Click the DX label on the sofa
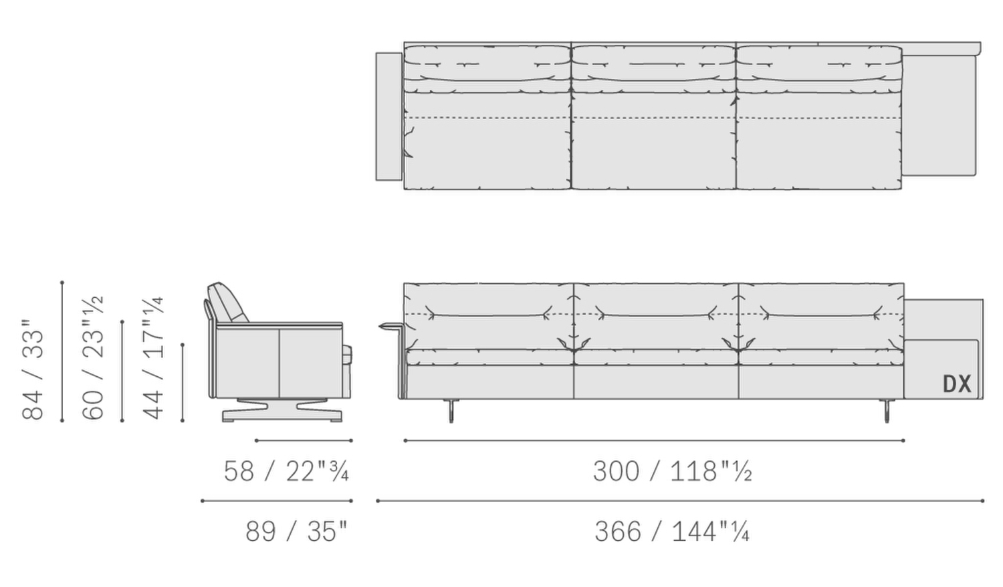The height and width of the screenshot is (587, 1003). (x=958, y=384)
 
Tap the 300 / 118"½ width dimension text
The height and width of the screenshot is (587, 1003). (x=673, y=471)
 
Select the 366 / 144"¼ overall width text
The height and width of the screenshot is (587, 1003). (x=672, y=531)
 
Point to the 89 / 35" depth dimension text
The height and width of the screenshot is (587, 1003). (x=296, y=531)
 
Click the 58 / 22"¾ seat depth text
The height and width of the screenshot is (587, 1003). (x=286, y=471)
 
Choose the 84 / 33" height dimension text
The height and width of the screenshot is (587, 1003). (x=33, y=369)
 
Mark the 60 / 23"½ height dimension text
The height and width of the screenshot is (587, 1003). (x=93, y=357)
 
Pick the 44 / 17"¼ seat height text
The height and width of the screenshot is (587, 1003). (x=152, y=358)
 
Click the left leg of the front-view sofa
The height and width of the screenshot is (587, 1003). (x=451, y=410)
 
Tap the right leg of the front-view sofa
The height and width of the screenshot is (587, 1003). (x=887, y=410)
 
